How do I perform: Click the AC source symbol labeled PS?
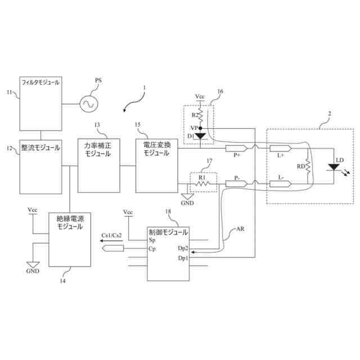(x=88, y=103)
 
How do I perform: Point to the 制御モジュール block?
(x=168, y=253)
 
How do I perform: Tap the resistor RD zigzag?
(x=308, y=166)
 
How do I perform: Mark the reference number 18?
(x=168, y=211)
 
